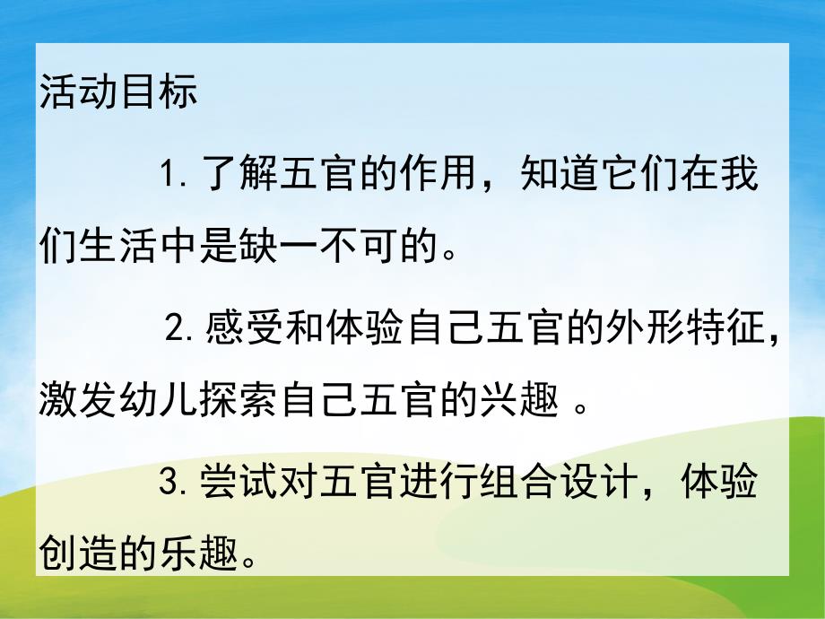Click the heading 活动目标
point(118,94)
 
